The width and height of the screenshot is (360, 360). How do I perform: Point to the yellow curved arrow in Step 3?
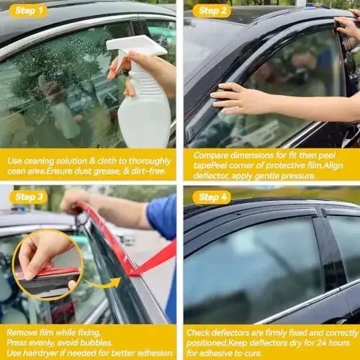pyautogui.click(x=94, y=283)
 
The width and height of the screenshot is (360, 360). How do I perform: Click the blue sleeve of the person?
pyautogui.click(x=163, y=217)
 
